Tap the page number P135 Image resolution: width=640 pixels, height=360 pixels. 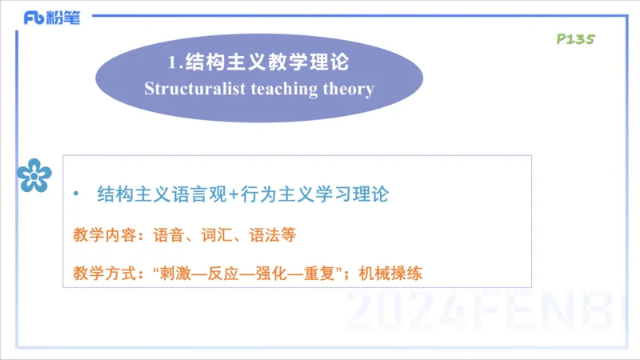pyautogui.click(x=574, y=38)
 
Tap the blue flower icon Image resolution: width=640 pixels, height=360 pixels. pyautogui.click(x=34, y=174)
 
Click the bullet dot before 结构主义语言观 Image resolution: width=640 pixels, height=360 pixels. pyautogui.click(x=76, y=194)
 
